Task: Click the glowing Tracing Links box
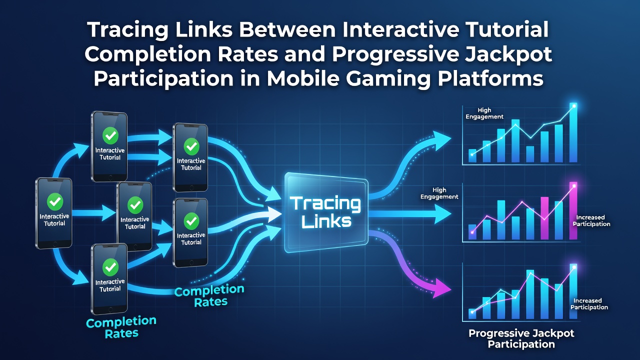pos(326,213)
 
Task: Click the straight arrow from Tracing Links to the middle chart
pos(410,213)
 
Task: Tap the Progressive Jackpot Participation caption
pos(521,338)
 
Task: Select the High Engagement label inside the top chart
pos(484,113)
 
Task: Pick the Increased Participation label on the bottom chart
pos(589,304)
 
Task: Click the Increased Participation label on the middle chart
pos(591,220)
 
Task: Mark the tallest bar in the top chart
pos(573,132)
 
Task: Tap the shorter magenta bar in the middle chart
pos(544,218)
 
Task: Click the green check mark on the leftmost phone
pos(55,201)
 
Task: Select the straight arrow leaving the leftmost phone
pos(93,213)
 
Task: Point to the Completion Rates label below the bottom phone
pos(121,327)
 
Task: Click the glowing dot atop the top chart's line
pos(574,106)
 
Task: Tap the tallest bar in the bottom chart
pos(573,291)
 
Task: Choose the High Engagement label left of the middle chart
pos(439,193)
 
